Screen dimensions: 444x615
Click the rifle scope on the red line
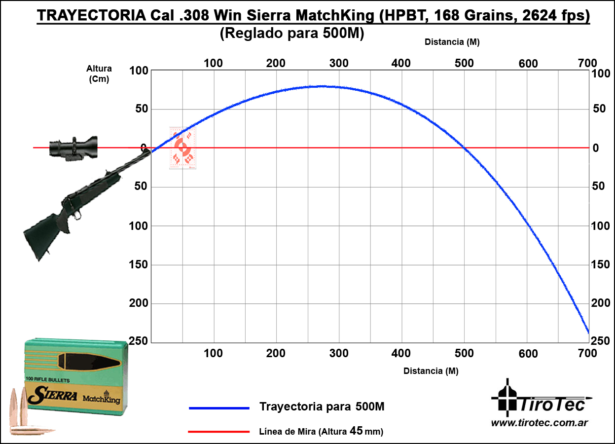pos(73,147)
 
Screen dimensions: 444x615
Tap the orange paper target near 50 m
pos(183,148)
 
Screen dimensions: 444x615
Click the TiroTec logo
pos(540,399)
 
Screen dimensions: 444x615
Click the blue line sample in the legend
pos(219,408)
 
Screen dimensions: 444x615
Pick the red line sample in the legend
pos(219,432)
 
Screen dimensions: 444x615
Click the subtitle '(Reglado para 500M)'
pos(292,34)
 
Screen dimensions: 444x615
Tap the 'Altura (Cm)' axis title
pos(99,74)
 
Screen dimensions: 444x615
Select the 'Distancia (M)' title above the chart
pos(452,42)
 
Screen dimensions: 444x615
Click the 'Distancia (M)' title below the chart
pos(431,371)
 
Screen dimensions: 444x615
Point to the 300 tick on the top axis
pos(339,63)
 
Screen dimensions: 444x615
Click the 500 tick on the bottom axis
pos(464,353)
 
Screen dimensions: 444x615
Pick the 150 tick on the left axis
pos(138,265)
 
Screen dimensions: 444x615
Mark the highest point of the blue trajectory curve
pos(322,86)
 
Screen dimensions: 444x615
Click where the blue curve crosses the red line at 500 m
pos(464,148)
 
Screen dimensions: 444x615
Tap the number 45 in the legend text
pos(356,431)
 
